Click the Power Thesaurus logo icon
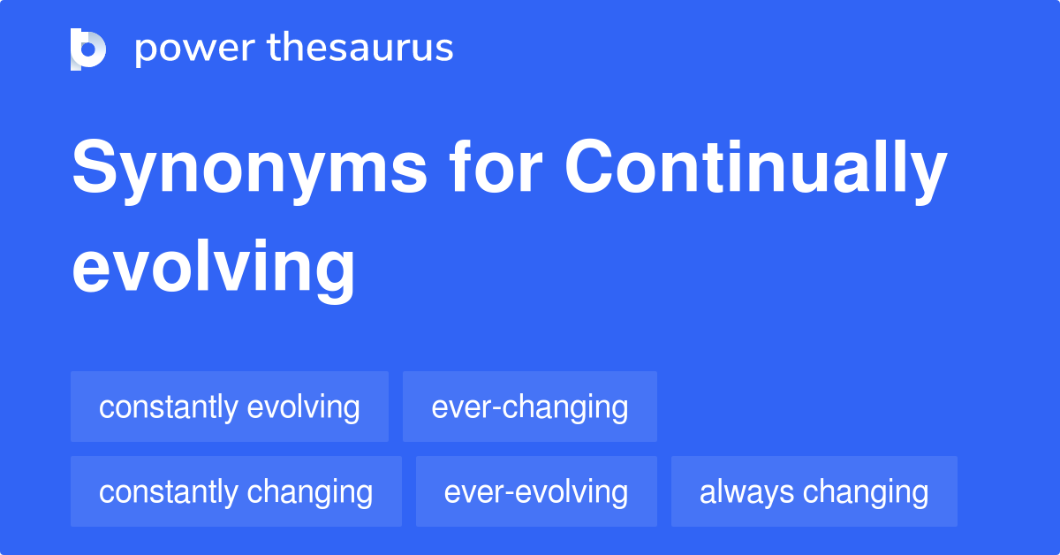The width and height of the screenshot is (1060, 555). (88, 49)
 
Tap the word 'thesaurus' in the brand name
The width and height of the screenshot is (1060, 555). (360, 47)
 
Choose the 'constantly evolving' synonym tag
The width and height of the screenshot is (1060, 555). (230, 407)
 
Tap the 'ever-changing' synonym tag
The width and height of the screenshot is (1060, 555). (529, 407)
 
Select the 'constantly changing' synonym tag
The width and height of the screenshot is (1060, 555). (236, 491)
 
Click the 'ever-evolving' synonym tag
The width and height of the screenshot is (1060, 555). (536, 491)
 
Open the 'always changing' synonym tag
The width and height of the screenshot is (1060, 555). (814, 491)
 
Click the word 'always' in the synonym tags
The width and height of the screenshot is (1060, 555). (746, 493)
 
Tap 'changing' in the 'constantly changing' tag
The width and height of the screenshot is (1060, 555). (310, 493)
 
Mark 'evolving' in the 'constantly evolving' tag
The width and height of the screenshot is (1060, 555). (303, 408)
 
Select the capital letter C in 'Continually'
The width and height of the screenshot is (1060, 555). (588, 166)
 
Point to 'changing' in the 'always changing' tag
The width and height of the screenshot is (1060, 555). (866, 493)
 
